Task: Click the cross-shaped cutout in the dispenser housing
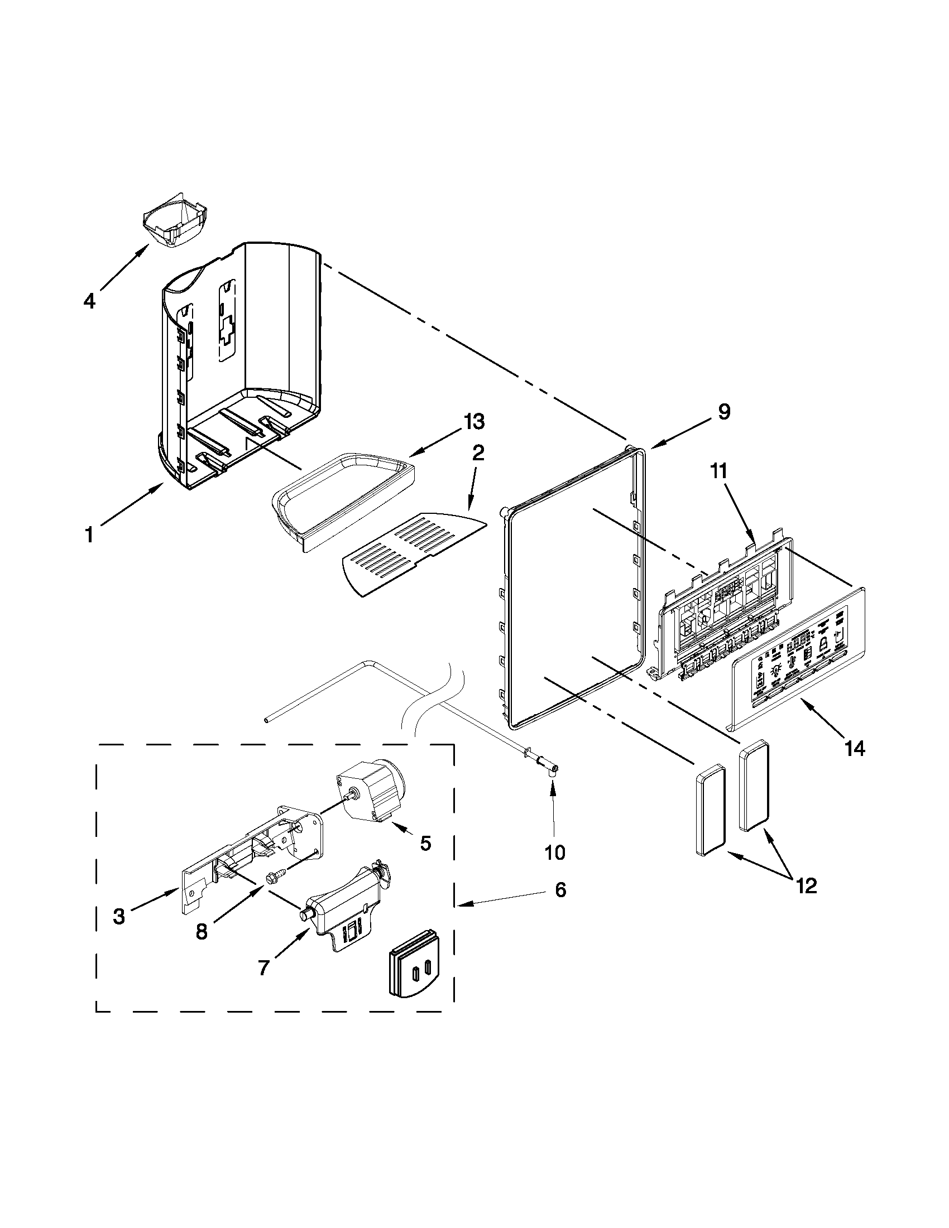coord(227,330)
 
